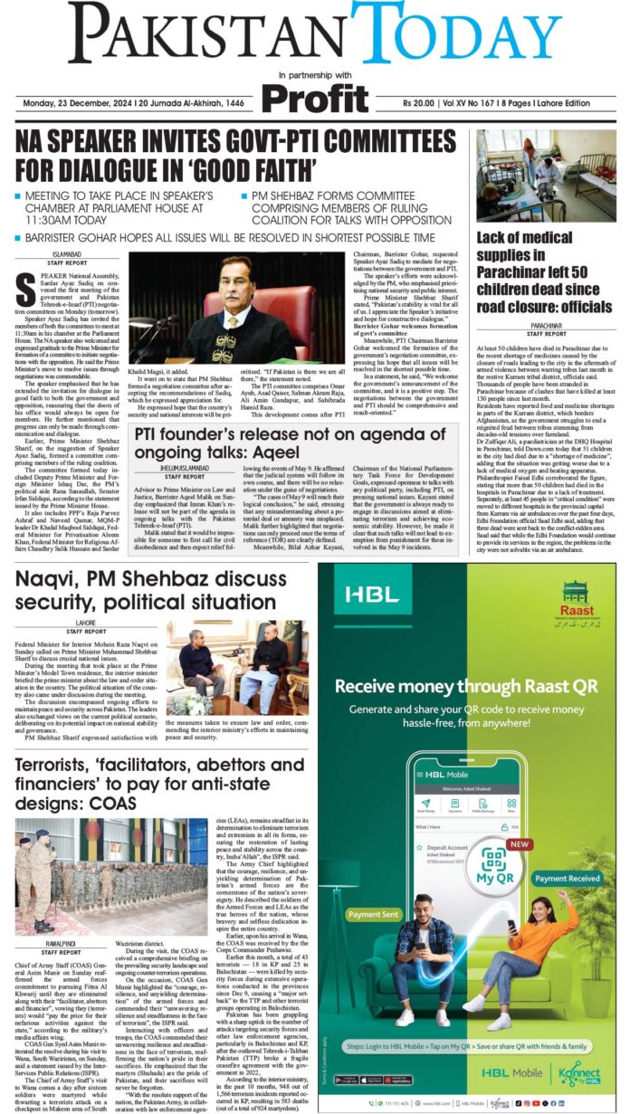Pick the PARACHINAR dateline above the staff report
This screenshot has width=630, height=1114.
coord(547,323)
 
